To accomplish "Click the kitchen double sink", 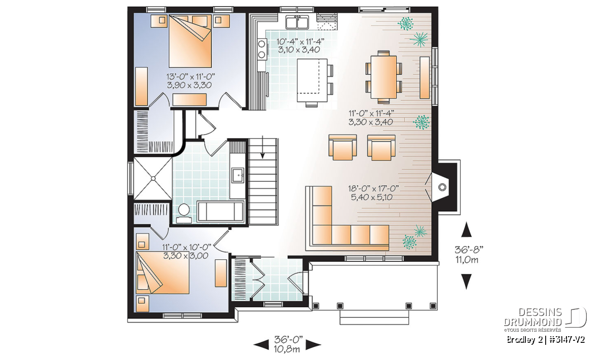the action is coord(297,22).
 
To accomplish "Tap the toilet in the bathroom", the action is coord(184,213).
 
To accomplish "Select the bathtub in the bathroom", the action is coord(221,211).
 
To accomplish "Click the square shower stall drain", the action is coord(153,179).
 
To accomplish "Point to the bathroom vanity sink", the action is coord(238,175).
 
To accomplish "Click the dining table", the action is coord(384,77).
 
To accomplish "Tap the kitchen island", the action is coord(312,80).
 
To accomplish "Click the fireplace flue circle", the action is coord(442,187).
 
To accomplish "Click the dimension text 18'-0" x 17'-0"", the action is coord(373,188).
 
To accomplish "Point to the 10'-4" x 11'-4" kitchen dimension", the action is coord(300,42).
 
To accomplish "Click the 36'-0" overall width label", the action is coord(288,339).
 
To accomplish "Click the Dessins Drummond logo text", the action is coord(533,317).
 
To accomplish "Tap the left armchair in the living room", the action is coord(343,147).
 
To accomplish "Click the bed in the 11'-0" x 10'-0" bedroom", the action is coord(163,272).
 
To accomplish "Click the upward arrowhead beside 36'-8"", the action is coord(466,229).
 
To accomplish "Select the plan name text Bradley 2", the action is coord(521,340).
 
